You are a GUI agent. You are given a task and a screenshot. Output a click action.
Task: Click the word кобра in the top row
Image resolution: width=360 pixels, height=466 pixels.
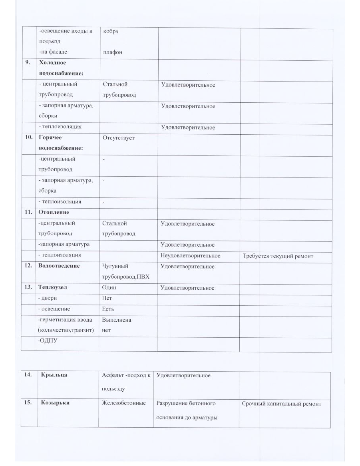[x=110, y=32]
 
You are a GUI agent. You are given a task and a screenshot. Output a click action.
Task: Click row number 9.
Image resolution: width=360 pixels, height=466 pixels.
[x=28, y=63]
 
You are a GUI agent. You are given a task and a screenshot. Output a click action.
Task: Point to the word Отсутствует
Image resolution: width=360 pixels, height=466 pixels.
[x=119, y=137]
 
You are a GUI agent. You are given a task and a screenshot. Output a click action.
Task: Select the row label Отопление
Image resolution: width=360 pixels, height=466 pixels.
[x=54, y=212]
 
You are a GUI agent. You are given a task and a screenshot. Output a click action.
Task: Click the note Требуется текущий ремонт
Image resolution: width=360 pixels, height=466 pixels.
[x=278, y=256]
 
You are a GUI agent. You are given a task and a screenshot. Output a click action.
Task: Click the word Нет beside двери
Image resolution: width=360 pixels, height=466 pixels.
[x=107, y=298]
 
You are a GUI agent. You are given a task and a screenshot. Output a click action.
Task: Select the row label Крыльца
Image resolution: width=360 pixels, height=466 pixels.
[x=54, y=375]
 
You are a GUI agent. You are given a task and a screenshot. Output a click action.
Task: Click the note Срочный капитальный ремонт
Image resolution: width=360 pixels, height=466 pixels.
[x=281, y=404]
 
